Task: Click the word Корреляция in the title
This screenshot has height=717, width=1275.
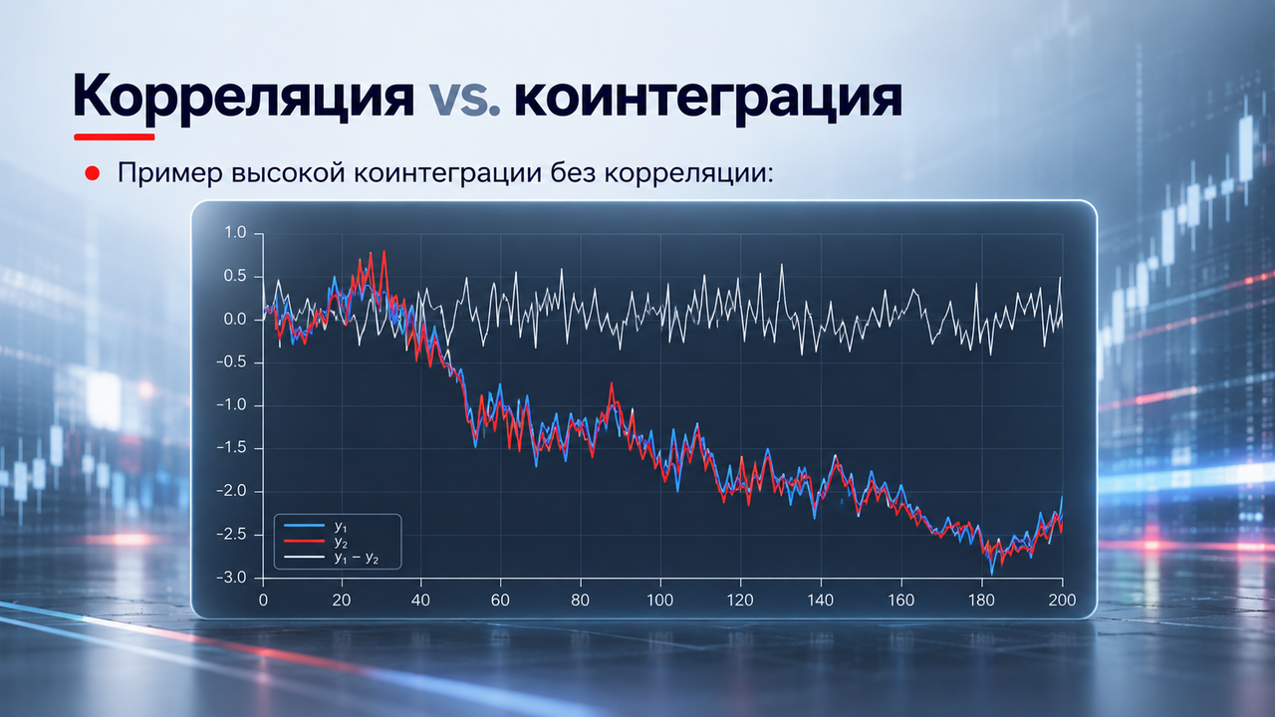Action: [x=244, y=95]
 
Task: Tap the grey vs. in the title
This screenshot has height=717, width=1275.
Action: [x=464, y=97]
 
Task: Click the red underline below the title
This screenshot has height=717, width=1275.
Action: [x=115, y=136]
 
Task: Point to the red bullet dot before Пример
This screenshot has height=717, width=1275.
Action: [x=93, y=173]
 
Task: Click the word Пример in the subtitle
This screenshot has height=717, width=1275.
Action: [x=170, y=173]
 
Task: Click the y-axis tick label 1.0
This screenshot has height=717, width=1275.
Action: [x=235, y=232]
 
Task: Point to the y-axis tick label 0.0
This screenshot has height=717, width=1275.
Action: [x=235, y=320]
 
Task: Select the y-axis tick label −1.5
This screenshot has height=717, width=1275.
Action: [x=231, y=448]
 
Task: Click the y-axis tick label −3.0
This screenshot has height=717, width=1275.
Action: [x=231, y=578]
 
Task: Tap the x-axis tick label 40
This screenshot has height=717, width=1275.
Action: [x=420, y=599]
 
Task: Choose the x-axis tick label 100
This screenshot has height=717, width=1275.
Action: [x=660, y=599]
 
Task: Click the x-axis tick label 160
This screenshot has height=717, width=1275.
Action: [x=901, y=599]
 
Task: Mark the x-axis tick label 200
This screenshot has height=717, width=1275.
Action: [x=1062, y=599]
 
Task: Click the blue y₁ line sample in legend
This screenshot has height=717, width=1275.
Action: [x=304, y=525]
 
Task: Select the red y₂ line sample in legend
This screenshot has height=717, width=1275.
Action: [x=304, y=541]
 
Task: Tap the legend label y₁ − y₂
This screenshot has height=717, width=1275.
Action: [x=357, y=559]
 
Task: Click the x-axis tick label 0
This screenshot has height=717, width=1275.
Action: [x=263, y=599]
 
